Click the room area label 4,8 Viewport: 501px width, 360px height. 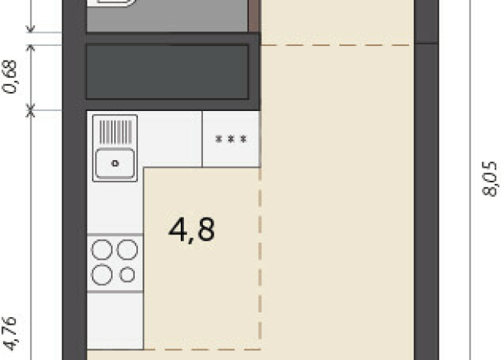pyautogui.click(x=192, y=230)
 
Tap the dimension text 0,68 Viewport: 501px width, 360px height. pyautogui.click(x=10, y=77)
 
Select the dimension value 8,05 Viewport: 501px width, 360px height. pyautogui.click(x=490, y=178)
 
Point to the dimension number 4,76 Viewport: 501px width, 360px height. pyautogui.click(x=10, y=334)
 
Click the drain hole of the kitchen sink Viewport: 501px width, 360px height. pyautogui.click(x=115, y=164)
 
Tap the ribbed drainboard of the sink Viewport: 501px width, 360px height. pyautogui.click(x=116, y=132)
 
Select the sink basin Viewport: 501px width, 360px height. pyautogui.click(x=115, y=164)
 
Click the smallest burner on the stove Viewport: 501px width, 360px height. pyautogui.click(x=127, y=274)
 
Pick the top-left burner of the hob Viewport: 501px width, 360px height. pyautogui.click(x=102, y=250)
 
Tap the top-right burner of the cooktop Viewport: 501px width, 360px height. pyautogui.click(x=127, y=250)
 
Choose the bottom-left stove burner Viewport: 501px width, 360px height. pyautogui.click(x=102, y=274)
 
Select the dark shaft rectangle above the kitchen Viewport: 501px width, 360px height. pyautogui.click(x=168, y=72)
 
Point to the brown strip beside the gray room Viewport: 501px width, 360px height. pyautogui.click(x=254, y=16)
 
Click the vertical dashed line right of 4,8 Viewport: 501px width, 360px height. pyautogui.click(x=260, y=258)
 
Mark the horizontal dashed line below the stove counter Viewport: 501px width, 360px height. pyautogui.click(x=202, y=349)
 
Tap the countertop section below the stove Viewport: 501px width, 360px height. pyautogui.click(x=115, y=321)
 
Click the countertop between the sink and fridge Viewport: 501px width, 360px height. pyautogui.click(x=169, y=139)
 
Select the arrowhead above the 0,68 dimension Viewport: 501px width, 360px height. pyautogui.click(x=31, y=48)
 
